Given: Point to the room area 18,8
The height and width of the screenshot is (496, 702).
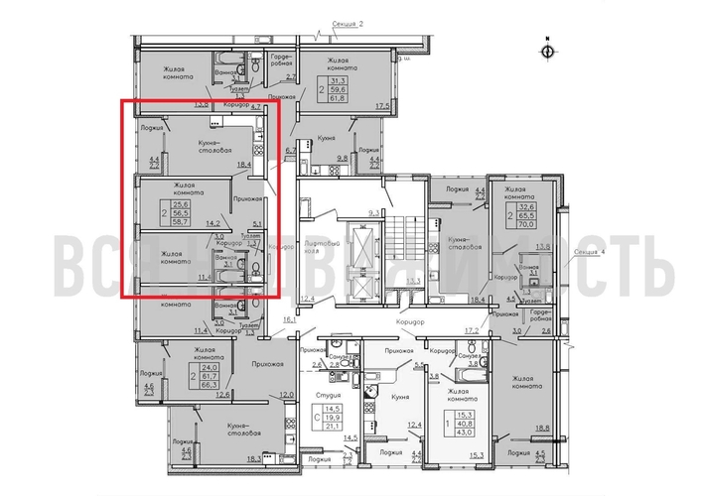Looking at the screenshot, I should coord(542,429).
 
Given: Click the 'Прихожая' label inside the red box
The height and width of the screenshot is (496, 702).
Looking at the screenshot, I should coord(246,198).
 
